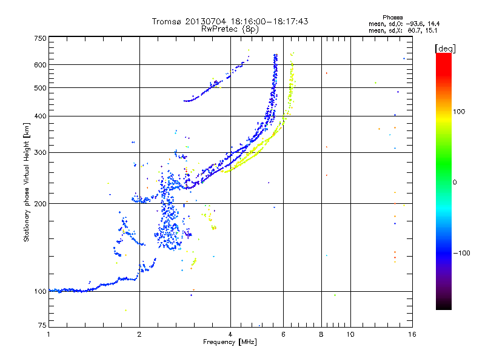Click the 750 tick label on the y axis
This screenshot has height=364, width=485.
click(41, 38)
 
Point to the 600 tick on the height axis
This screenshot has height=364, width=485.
click(41, 64)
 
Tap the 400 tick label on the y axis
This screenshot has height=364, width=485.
click(41, 116)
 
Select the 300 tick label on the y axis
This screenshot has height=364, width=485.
click(41, 152)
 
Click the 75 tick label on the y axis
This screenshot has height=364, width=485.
click(42, 326)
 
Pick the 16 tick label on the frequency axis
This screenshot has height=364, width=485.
click(412, 334)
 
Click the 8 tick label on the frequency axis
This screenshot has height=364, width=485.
click(321, 334)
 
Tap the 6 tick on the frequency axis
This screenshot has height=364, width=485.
click(283, 334)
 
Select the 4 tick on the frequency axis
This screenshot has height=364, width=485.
click(230, 334)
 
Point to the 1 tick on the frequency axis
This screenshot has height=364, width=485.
click(48, 334)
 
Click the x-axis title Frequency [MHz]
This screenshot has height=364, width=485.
click(230, 343)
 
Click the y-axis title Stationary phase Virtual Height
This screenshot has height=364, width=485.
click(27, 182)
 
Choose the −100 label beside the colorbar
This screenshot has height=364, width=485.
click(461, 252)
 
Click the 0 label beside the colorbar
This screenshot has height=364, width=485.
click(454, 182)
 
